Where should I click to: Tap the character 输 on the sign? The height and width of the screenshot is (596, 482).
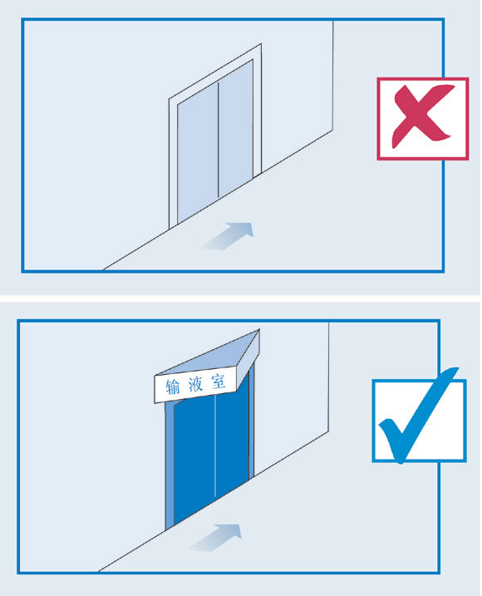tap(173, 387)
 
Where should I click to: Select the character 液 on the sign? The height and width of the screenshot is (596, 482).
tap(195, 384)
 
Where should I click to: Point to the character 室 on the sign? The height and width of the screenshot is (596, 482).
tap(219, 382)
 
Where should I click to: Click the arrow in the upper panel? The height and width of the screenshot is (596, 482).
tap(228, 236)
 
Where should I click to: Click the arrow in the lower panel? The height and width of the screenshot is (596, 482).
tap(216, 537)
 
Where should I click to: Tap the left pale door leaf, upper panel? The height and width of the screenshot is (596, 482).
tap(198, 150)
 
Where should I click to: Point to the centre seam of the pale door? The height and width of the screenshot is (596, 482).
tap(219, 140)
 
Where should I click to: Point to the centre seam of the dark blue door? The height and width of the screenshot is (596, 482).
tap(215, 446)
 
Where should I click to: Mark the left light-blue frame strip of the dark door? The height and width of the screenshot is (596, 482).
tap(170, 465)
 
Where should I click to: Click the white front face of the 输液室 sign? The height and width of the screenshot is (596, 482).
tap(195, 384)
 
